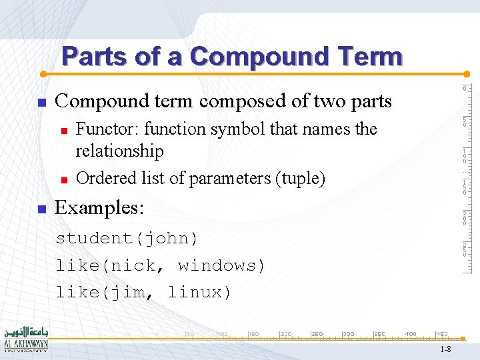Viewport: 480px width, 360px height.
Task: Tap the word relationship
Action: click(x=119, y=151)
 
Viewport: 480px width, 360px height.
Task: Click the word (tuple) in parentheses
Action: click(x=302, y=178)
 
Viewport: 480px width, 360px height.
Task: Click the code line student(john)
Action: click(x=127, y=238)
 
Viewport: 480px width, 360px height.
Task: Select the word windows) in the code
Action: click(x=221, y=265)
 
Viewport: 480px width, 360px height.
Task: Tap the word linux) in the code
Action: click(x=199, y=292)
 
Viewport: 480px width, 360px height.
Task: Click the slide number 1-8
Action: click(x=445, y=349)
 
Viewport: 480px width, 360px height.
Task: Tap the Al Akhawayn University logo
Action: click(x=26, y=340)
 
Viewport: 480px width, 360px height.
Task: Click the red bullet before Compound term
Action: click(x=41, y=103)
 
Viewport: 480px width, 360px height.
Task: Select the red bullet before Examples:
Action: click(x=41, y=209)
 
